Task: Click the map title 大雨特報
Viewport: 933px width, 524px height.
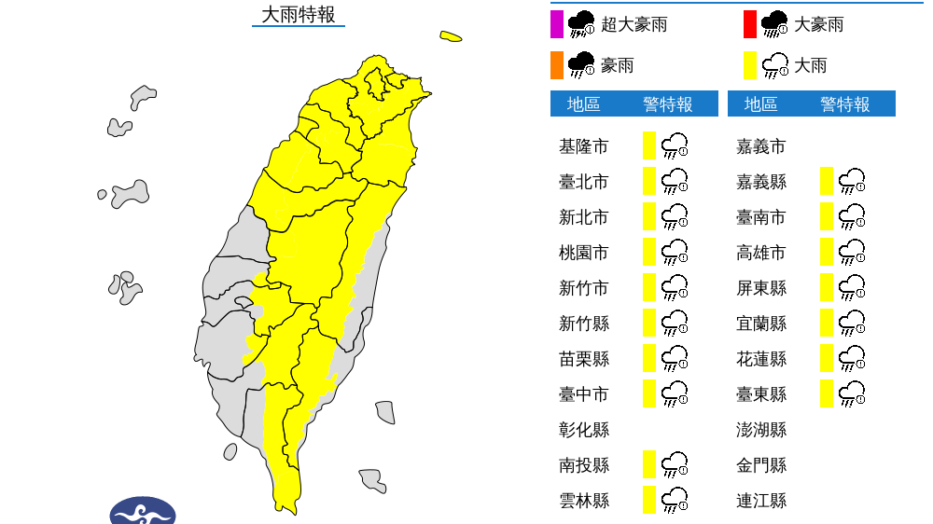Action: point(298,15)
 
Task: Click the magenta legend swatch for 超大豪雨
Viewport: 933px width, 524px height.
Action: point(557,24)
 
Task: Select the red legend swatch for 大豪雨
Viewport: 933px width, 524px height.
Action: point(750,24)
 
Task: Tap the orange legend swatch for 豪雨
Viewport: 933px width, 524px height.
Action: point(557,65)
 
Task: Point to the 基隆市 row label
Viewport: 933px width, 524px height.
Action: point(583,146)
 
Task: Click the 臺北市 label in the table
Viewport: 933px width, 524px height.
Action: point(583,182)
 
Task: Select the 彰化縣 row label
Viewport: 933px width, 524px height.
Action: point(583,430)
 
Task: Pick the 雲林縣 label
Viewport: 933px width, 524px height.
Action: point(583,501)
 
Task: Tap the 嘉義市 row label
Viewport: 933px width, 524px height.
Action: point(760,146)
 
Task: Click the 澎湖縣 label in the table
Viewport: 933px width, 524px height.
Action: point(760,430)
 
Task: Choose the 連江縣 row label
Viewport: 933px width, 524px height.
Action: point(760,501)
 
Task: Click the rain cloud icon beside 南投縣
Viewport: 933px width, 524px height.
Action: point(675,464)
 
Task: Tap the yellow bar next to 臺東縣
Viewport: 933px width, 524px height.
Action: point(827,393)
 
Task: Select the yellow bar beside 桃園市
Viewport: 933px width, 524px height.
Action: point(649,252)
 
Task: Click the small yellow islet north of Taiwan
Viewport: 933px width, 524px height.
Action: point(451,37)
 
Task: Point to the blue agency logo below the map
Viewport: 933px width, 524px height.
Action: point(143,511)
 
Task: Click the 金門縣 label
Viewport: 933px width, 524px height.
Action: point(760,465)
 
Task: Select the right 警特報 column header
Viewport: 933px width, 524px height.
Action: point(844,104)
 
